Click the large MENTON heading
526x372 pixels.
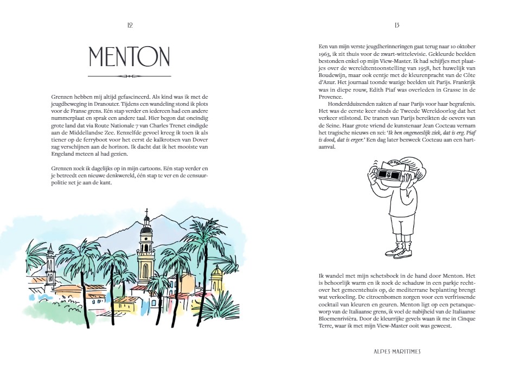tap(129, 56)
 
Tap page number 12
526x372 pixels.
tap(130, 25)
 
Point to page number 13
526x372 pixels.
tap(397, 25)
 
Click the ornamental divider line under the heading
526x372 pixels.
tap(129, 76)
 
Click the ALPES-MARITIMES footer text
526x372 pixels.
tap(394, 351)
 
